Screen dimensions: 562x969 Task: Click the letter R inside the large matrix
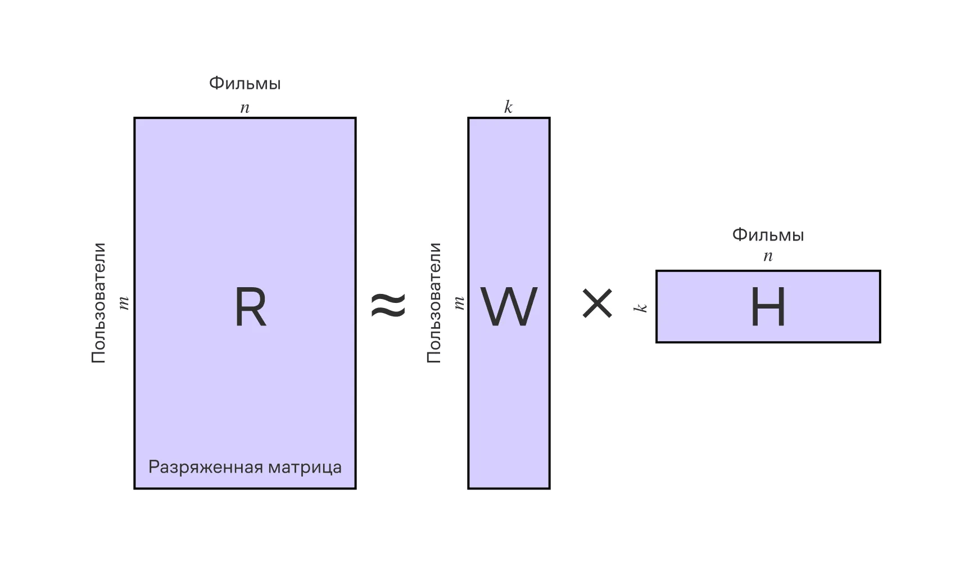point(250,307)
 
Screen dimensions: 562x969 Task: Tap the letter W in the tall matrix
point(509,307)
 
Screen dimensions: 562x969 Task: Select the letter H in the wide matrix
point(768,307)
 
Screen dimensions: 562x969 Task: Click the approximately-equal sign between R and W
point(388,305)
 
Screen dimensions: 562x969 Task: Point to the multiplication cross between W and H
point(597,304)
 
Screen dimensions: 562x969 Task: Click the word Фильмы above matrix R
point(244,83)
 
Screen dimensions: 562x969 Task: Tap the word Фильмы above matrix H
point(768,235)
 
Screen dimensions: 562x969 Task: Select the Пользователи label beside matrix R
point(98,303)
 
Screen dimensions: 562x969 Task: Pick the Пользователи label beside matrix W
point(433,303)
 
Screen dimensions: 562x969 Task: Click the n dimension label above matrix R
point(244,108)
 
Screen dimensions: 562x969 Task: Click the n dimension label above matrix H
point(768,257)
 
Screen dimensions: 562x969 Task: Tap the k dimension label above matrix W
point(508,107)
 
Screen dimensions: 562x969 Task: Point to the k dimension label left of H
point(641,307)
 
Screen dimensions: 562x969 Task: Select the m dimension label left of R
point(124,303)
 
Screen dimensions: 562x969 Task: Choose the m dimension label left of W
point(459,303)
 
